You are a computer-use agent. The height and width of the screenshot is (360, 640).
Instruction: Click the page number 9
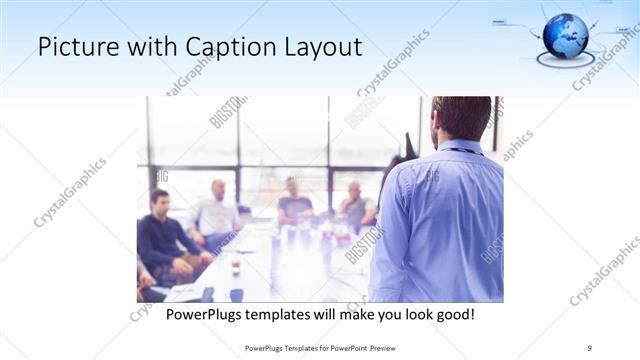[x=589, y=347]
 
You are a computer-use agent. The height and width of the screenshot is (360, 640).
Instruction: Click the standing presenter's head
[x=461, y=119]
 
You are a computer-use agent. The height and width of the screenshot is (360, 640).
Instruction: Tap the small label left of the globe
[x=503, y=20]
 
